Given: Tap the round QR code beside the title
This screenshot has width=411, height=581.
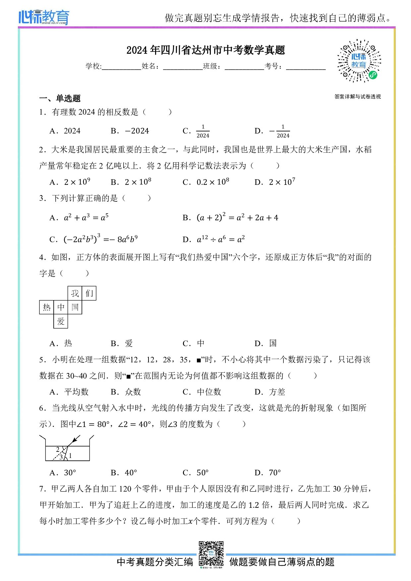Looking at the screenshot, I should tap(359, 61).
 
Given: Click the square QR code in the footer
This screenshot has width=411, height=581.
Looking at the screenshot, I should tap(211, 554).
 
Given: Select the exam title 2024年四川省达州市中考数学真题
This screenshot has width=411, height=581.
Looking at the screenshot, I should tap(206, 50).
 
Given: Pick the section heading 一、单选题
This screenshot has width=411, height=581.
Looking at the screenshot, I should tap(60, 98).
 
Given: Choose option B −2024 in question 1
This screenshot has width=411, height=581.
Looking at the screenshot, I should tap(130, 131).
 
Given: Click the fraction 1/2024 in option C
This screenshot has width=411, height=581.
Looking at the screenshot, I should tap(203, 131).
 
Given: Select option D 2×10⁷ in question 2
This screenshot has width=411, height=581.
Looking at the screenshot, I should tap(275, 182).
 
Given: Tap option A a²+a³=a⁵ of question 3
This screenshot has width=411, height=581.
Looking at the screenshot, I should tap(80, 218).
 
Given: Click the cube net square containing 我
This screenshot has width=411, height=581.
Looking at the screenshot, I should tap(75, 293).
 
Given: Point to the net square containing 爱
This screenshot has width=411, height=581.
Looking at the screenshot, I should tap(61, 321).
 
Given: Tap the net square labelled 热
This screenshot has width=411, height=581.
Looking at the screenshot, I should tap(46, 307).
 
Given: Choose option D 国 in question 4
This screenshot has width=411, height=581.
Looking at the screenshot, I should tap(266, 343).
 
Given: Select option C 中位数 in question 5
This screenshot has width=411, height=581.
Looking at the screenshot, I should tap(202, 392).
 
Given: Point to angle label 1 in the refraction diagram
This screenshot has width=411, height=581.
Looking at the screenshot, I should tap(70, 456).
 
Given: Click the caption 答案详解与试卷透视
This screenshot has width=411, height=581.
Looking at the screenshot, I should tap(357, 97).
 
